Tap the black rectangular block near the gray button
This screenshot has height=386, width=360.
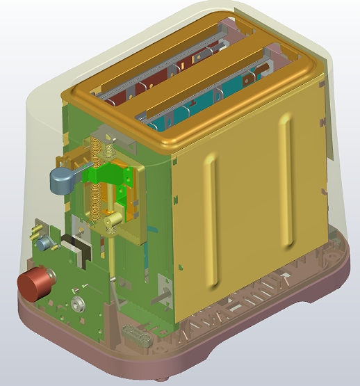[x=73, y=243]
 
